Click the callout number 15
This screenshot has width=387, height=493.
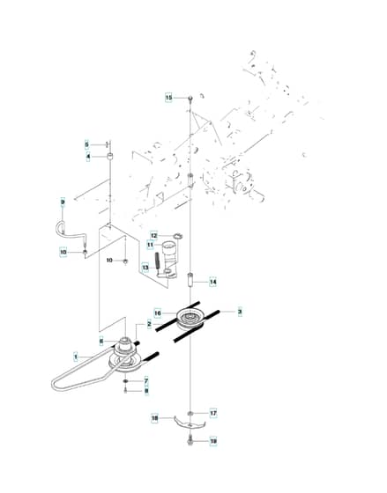coord(168,98)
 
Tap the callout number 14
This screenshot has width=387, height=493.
coord(213,282)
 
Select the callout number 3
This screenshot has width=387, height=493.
coord(240,312)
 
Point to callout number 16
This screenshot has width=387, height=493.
coord(158,313)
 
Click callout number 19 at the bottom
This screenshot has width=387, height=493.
coord(213,441)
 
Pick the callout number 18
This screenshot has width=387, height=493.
coord(154,418)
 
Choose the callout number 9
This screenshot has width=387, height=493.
coord(63,202)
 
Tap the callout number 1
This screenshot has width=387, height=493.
coord(76,357)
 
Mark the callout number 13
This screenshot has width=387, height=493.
coord(145,268)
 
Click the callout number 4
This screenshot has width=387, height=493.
coord(88,157)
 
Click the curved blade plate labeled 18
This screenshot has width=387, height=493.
coord(190,423)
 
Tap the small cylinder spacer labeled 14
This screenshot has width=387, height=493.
coord(190,280)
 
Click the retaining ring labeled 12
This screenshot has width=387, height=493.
coord(179,236)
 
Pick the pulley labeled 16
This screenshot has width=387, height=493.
coord(190,318)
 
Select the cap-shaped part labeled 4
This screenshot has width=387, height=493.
coord(110,157)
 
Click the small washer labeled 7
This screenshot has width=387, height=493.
coord(125,381)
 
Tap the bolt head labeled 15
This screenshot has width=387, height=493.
coord(190,98)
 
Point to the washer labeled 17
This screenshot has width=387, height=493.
coord(190,413)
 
